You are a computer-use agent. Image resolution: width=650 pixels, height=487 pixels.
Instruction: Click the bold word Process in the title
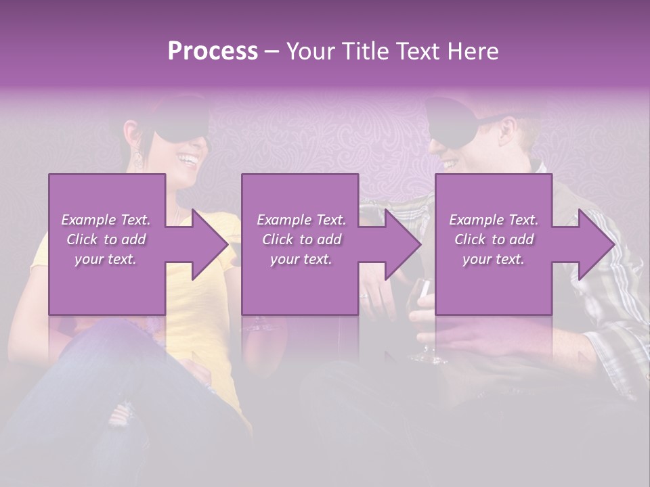[213, 51]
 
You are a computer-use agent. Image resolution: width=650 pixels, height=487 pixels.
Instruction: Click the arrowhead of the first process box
[209, 244]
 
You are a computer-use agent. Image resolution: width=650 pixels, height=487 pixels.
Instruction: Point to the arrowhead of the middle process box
[403, 244]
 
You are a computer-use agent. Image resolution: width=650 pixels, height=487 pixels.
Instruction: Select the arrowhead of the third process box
[597, 244]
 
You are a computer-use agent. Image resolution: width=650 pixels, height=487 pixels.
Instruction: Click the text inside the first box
[106, 239]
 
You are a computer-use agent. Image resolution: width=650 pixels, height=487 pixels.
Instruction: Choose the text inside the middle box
[301, 239]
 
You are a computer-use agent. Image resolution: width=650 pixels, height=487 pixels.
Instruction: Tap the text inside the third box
[494, 239]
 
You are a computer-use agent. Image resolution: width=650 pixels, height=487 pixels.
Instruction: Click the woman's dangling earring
[137, 158]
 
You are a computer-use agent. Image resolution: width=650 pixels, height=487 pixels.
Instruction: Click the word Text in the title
[418, 51]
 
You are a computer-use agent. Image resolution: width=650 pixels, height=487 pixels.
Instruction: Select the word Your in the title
[309, 51]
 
